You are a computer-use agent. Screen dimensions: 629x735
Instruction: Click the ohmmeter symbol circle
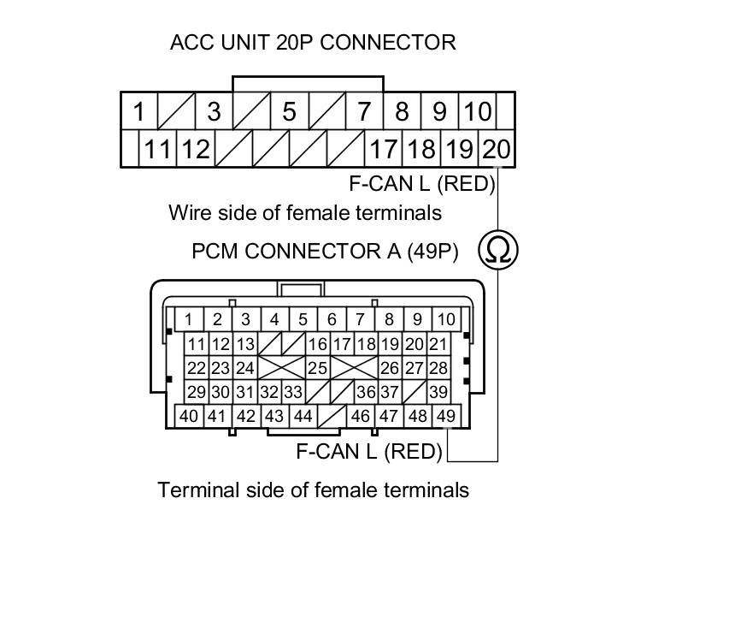click(x=497, y=250)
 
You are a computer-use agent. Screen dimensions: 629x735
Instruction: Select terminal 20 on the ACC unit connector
click(x=497, y=150)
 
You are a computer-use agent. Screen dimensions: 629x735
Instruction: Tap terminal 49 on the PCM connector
click(x=445, y=416)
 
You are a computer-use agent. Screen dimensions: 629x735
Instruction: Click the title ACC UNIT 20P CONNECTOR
click(x=313, y=42)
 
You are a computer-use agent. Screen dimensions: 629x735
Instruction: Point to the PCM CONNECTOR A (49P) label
click(x=325, y=252)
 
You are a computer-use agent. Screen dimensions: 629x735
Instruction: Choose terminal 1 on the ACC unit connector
click(x=138, y=111)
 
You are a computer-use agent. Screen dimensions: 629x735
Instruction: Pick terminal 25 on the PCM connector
click(x=317, y=368)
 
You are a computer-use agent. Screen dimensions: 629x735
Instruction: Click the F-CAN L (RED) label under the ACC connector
click(x=422, y=183)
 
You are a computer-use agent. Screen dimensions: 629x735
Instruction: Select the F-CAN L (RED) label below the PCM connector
click(x=369, y=451)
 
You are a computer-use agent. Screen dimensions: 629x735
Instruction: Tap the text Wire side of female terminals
click(x=305, y=211)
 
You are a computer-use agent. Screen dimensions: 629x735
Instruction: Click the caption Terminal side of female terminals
click(x=313, y=490)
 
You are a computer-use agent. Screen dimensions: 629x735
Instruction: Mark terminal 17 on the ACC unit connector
click(x=383, y=150)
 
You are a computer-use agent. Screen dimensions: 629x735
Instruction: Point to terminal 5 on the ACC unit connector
click(x=289, y=111)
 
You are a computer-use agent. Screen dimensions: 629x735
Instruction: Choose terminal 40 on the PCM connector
click(x=188, y=416)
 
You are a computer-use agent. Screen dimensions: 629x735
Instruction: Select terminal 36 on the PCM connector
click(x=366, y=392)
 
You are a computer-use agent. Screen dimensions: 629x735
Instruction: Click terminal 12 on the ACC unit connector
click(x=195, y=150)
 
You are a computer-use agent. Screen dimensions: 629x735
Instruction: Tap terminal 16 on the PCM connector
click(x=318, y=344)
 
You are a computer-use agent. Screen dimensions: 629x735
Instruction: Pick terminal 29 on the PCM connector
click(x=197, y=392)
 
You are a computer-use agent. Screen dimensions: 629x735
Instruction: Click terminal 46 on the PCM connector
click(x=360, y=416)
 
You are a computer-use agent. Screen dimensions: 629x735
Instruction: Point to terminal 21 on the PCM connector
click(x=438, y=344)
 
